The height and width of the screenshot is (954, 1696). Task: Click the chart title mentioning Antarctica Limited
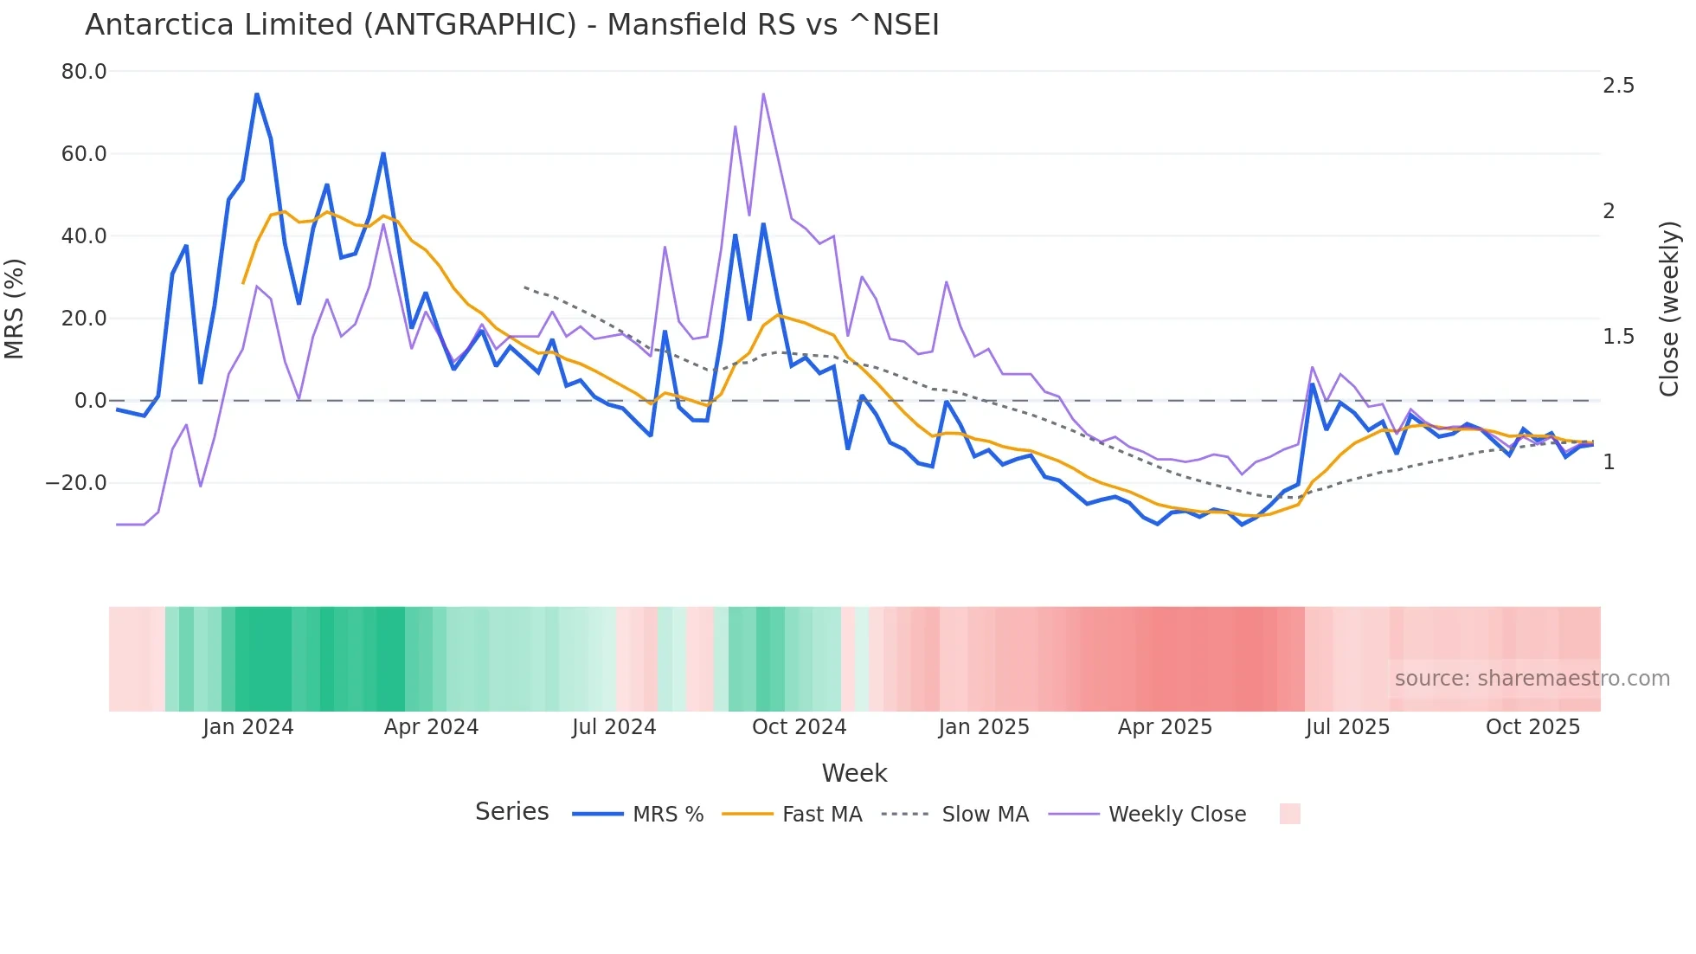click(x=511, y=25)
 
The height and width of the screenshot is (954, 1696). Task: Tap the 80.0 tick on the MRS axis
click(x=84, y=72)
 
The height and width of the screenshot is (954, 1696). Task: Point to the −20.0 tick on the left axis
click(x=76, y=483)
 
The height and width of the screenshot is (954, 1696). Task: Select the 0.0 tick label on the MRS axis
click(x=90, y=401)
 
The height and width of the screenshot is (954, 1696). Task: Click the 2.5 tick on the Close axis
click(x=1618, y=86)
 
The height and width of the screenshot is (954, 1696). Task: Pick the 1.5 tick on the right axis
click(x=1618, y=337)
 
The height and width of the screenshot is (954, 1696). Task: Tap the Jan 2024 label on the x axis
click(x=248, y=727)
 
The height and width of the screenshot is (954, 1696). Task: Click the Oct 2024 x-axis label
click(x=799, y=727)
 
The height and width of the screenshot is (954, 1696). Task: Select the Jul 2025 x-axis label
click(x=1347, y=727)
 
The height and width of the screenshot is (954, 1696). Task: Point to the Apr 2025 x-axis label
click(x=1165, y=727)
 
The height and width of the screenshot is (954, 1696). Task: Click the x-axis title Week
click(x=854, y=773)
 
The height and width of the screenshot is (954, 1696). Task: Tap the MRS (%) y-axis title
click(x=15, y=308)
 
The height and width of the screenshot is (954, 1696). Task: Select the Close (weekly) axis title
click(x=1669, y=309)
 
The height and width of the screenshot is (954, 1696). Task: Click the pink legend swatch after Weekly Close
click(x=1289, y=814)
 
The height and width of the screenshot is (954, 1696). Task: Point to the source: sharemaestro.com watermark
click(x=1532, y=679)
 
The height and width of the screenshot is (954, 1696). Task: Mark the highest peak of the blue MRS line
click(x=257, y=93)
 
